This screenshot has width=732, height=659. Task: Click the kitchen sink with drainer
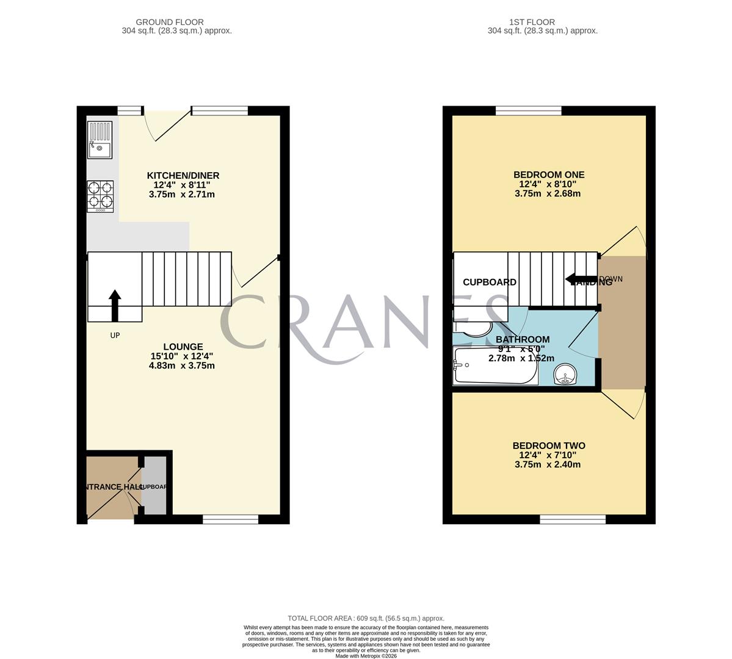[x=100, y=140]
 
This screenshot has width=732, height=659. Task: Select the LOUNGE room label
[x=183, y=347]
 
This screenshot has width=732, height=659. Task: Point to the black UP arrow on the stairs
[x=115, y=304]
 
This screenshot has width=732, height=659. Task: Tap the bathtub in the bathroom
[x=495, y=366]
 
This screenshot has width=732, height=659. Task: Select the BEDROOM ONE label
[x=549, y=175]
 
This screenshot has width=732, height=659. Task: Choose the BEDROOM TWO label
[x=549, y=446]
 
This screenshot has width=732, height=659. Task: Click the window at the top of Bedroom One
[x=528, y=110]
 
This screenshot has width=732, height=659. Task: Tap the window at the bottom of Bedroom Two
[x=573, y=519]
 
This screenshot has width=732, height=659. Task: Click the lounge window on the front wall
[x=230, y=519]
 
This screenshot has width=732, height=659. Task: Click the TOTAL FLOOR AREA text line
[x=366, y=618]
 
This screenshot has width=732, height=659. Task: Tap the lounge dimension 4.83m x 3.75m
[x=182, y=366]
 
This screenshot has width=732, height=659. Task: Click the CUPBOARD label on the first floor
[x=490, y=283]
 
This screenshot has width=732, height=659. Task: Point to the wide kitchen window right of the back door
[x=220, y=110]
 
